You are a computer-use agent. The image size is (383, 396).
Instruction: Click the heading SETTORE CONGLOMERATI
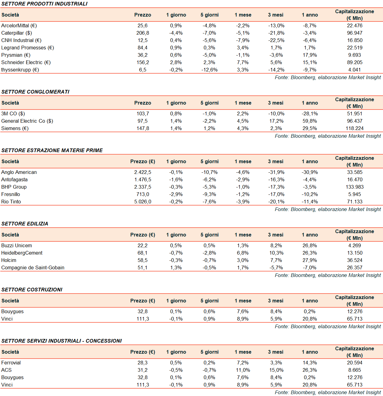[35, 92]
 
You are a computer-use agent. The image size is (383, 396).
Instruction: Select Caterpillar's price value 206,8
[143, 33]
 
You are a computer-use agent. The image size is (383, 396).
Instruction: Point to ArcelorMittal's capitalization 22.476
[354, 25]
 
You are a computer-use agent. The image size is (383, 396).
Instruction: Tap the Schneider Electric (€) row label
[26, 62]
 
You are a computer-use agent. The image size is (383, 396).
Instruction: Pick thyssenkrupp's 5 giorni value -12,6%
[209, 70]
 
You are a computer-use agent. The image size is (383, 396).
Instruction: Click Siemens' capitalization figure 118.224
[354, 128]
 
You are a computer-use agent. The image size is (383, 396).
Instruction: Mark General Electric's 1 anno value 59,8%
[310, 121]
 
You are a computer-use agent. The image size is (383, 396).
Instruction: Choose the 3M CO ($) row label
[13, 113]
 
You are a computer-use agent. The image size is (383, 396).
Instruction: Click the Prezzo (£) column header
[143, 161]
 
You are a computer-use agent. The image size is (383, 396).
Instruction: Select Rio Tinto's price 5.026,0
[143, 202]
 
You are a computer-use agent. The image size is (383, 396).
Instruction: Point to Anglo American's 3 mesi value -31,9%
[276, 172]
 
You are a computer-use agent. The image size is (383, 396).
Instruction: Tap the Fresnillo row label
[10, 194]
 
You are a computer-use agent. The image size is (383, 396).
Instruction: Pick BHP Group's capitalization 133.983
[354, 187]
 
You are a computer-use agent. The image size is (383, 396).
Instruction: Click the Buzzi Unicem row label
[17, 245]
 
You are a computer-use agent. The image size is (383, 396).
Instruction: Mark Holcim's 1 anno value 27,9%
[310, 260]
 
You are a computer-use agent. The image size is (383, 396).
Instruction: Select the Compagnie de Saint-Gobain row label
[33, 267]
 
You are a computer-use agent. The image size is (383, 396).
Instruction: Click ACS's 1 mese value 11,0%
[243, 370]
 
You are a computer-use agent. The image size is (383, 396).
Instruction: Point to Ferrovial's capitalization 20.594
[354, 363]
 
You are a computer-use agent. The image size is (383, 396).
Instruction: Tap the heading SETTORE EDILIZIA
[25, 224]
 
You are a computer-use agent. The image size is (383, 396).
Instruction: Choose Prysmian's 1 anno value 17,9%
[310, 55]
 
